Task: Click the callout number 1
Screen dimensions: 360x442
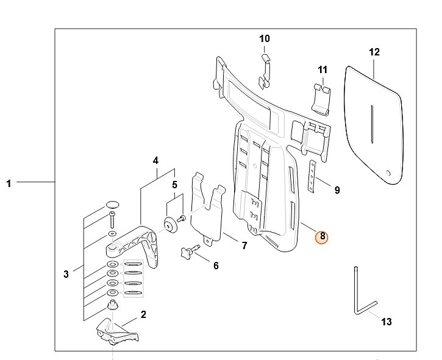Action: tap(9, 183)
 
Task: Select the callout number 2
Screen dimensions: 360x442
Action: tap(144, 315)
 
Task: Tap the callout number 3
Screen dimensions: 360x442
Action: tap(66, 274)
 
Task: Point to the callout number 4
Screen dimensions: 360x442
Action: tap(155, 161)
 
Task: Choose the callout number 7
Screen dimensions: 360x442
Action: tap(244, 246)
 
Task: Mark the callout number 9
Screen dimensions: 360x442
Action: tap(337, 190)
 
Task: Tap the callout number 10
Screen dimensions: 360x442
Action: tap(264, 38)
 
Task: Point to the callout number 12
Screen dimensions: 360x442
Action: tap(374, 52)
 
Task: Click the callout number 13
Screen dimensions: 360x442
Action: tap(386, 322)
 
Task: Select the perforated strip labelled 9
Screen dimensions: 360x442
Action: tap(312, 177)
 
